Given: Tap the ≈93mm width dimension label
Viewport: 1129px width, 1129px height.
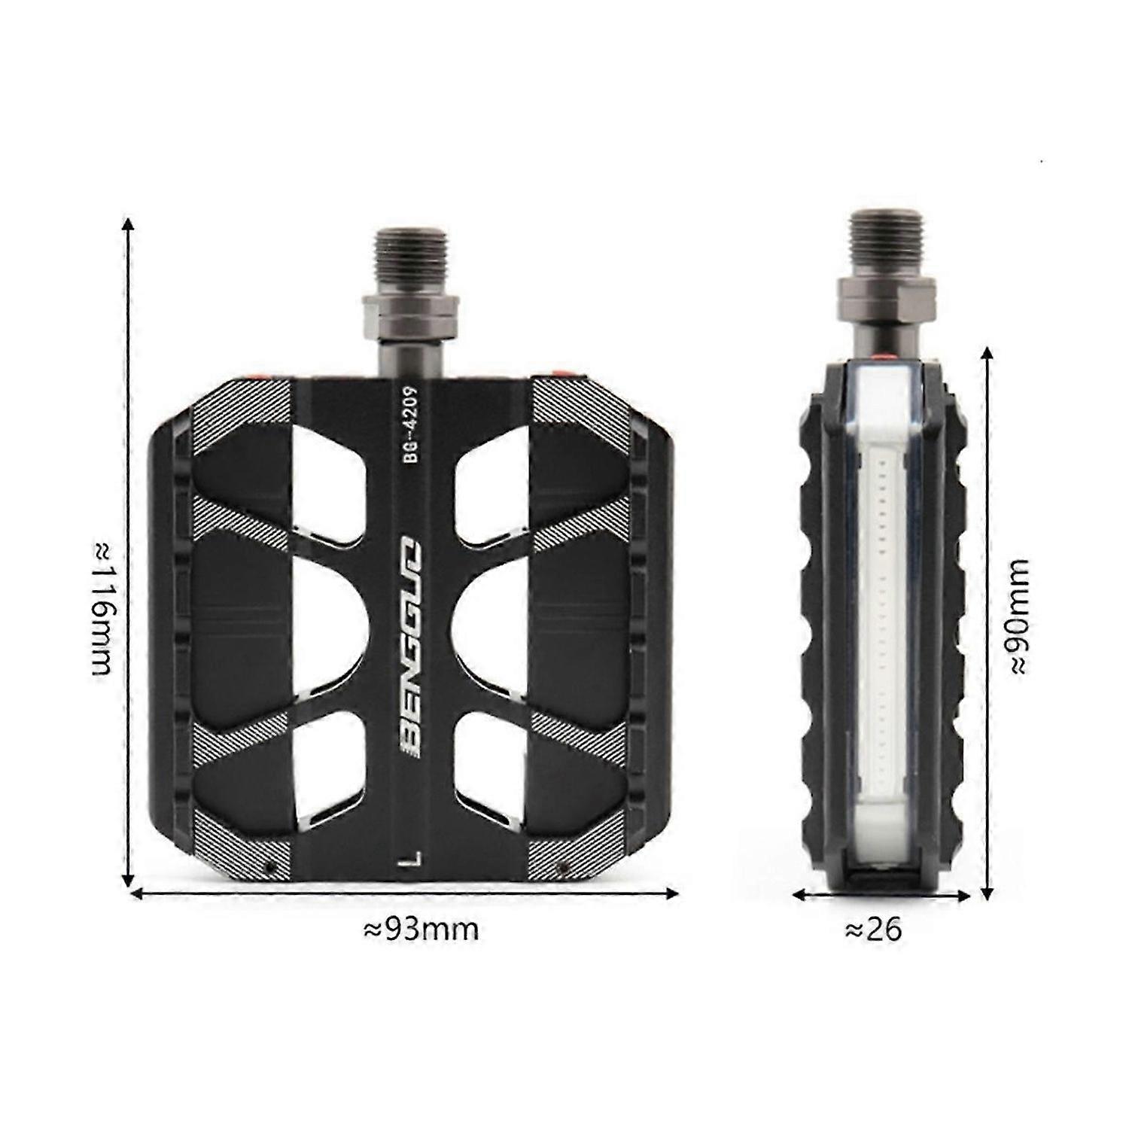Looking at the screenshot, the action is coord(421,929).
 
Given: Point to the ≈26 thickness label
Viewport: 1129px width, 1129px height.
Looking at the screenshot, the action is coord(874,930).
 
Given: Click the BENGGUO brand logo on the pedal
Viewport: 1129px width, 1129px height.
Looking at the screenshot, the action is coord(413,647).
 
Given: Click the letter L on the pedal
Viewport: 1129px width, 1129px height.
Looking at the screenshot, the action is coord(411,861).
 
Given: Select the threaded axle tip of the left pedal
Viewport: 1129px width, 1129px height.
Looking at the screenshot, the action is coord(411,260).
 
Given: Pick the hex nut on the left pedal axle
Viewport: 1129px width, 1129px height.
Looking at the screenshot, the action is coord(411,315).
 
